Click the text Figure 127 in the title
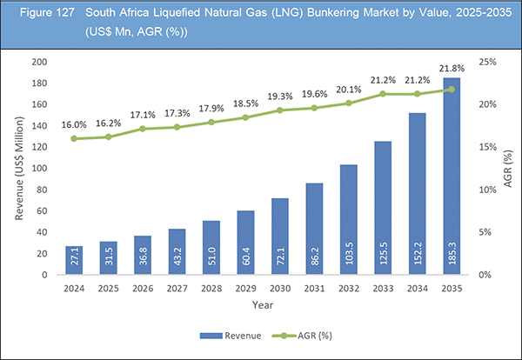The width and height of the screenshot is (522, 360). click(37, 17)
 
